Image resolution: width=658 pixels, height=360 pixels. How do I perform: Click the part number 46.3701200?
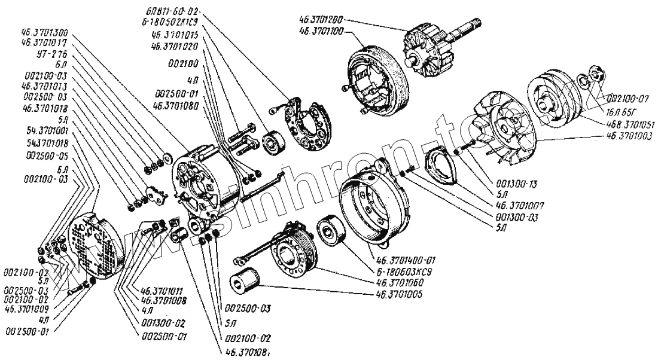322,19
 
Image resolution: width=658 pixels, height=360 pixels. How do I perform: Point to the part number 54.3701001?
47,129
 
